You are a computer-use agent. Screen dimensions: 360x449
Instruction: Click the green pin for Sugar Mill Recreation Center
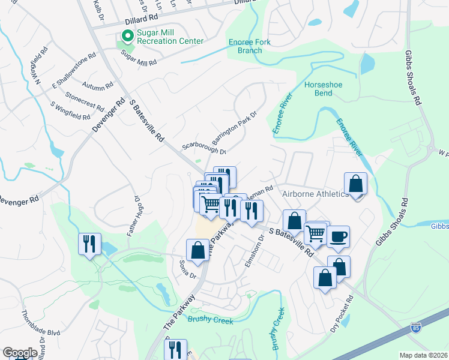pos(127,36)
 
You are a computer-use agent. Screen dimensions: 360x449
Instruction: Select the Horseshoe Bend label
pos(323,89)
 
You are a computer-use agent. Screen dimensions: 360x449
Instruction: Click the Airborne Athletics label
pos(315,194)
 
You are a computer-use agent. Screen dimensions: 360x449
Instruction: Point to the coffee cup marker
pos(338,236)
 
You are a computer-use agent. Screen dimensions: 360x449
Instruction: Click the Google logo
pos(19,353)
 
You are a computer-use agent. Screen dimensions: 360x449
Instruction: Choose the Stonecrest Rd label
pos(85,100)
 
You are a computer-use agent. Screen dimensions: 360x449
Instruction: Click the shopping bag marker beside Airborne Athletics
pos(355,184)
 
